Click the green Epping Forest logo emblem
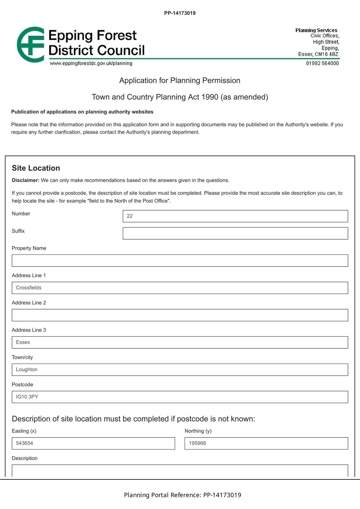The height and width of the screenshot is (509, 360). click(31, 45)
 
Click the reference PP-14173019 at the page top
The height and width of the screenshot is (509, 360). click(180, 13)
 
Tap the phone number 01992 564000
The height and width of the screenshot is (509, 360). click(322, 63)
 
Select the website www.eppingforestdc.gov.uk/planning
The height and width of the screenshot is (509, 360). click(91, 63)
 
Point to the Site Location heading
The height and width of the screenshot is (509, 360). click(36, 168)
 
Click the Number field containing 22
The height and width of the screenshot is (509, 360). click(235, 216)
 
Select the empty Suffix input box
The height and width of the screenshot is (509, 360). click(235, 233)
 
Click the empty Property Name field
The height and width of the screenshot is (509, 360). click(180, 261)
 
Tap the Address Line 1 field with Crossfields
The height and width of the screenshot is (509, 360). click(180, 288)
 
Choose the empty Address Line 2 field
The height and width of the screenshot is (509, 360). click(180, 315)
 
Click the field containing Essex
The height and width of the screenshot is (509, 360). click(180, 342)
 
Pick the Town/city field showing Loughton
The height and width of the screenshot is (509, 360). click(180, 370)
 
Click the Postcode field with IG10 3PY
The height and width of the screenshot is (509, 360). click(180, 397)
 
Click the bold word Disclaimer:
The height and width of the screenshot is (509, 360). click(25, 180)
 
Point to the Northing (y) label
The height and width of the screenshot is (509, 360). click(198, 431)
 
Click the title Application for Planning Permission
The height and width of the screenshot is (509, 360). click(180, 80)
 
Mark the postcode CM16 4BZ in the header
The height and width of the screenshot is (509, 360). click(326, 54)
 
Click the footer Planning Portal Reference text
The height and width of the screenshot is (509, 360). click(182, 495)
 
